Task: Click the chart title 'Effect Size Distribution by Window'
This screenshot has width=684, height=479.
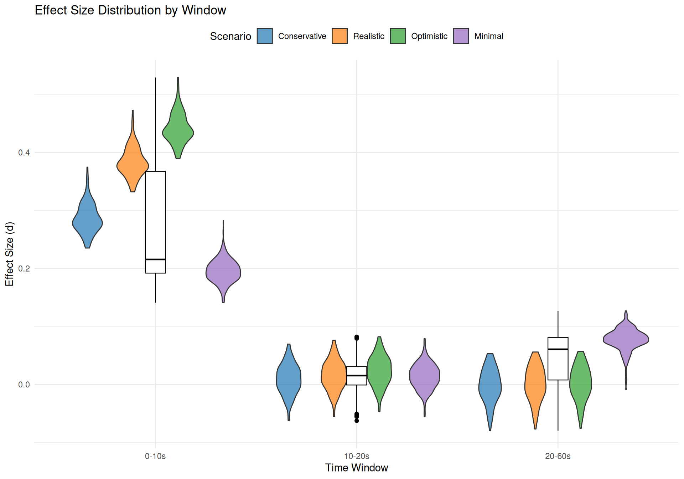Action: [x=130, y=10]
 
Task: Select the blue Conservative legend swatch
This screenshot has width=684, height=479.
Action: [x=265, y=36]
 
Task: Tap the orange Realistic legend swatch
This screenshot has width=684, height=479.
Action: [x=340, y=36]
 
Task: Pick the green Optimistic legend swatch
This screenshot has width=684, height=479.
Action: [x=398, y=36]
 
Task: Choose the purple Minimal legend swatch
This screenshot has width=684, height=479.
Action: [x=461, y=36]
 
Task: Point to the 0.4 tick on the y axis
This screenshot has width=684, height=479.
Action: [x=24, y=153]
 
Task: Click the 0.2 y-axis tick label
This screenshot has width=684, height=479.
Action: [x=24, y=268]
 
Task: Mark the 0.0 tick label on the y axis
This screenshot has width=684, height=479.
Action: [x=24, y=385]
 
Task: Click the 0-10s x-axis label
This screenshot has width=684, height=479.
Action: [x=155, y=456]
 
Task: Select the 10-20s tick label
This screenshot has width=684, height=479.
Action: [x=357, y=456]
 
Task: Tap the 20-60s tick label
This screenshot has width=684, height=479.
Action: [x=558, y=456]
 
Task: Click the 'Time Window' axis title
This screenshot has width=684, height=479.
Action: [x=357, y=468]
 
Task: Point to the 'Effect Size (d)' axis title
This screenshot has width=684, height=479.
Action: [x=9, y=254]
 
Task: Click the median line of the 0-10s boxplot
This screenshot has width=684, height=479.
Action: [x=155, y=259]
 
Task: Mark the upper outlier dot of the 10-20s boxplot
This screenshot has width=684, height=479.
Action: [x=357, y=337]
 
